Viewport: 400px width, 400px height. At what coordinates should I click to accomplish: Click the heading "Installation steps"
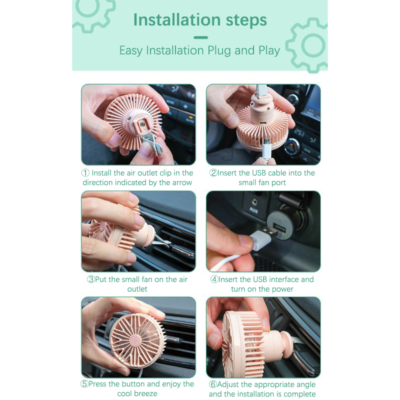click(200, 20)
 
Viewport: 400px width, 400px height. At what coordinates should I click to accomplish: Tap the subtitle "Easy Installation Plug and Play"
click(199, 50)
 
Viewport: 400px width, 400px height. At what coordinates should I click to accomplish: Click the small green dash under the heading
click(201, 37)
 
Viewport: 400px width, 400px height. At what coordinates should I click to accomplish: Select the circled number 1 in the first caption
click(85, 173)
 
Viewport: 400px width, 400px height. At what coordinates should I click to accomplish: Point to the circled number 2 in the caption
click(213, 173)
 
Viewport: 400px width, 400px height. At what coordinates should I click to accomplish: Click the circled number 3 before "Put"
click(91, 279)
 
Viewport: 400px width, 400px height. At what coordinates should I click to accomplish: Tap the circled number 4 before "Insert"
click(214, 279)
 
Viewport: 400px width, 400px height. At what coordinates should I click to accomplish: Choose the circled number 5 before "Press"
click(84, 384)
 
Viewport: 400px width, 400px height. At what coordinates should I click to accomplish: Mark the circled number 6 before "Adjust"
click(213, 384)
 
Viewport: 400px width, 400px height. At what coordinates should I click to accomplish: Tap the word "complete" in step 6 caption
click(299, 394)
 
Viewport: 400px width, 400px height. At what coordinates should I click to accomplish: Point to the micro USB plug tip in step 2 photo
click(266, 141)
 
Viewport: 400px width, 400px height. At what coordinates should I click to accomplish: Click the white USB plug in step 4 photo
click(263, 237)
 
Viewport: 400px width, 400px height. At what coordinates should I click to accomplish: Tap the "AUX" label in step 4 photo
click(254, 210)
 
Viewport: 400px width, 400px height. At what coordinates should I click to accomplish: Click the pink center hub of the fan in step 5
click(134, 340)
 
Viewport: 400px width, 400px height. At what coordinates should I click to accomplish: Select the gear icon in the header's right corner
click(307, 45)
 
